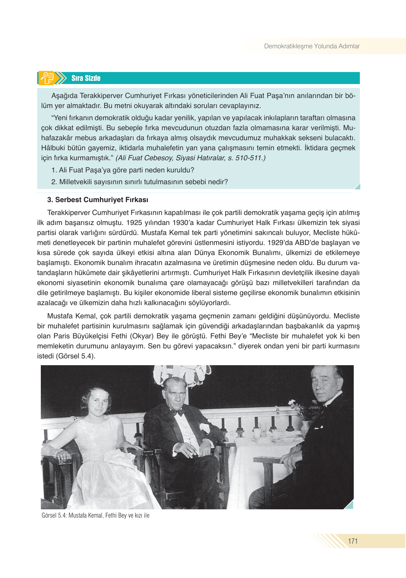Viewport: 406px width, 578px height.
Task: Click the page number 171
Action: pyautogui.click(x=353, y=541)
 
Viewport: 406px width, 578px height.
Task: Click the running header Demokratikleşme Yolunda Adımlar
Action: pyautogui.click(x=311, y=46)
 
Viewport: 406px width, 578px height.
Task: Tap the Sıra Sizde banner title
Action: pyautogui.click(x=86, y=78)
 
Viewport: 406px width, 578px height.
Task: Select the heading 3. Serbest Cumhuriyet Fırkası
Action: pyautogui.click(x=98, y=200)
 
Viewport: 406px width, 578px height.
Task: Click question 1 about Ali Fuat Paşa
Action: pyautogui.click(x=123, y=170)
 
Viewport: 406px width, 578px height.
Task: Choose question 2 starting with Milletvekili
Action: pyautogui.click(x=140, y=182)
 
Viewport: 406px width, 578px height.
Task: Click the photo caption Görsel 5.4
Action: pyautogui.click(x=95, y=515)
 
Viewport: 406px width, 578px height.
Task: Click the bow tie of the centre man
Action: pyautogui.click(x=178, y=413)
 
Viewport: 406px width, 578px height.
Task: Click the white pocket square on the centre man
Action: pyautogui.click(x=205, y=427)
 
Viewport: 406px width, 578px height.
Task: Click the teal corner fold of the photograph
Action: pyautogui.click(x=349, y=505)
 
